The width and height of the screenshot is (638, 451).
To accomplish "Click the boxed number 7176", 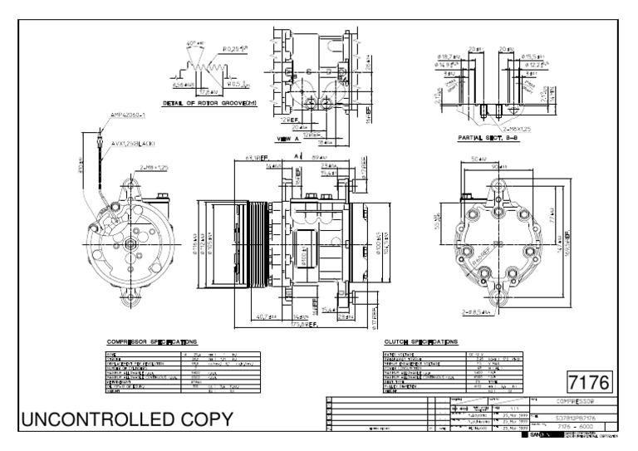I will click(588, 383).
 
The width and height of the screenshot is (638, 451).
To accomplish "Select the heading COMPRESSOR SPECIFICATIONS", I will click(152, 341).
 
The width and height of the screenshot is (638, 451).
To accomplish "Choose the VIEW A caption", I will click(287, 139).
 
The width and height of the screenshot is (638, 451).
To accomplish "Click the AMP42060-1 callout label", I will click(129, 115).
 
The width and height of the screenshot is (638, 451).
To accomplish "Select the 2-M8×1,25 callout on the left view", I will click(155, 168).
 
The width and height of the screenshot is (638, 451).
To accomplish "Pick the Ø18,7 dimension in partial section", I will click(449, 56).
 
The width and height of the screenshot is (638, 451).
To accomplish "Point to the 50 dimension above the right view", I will click(479, 157).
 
